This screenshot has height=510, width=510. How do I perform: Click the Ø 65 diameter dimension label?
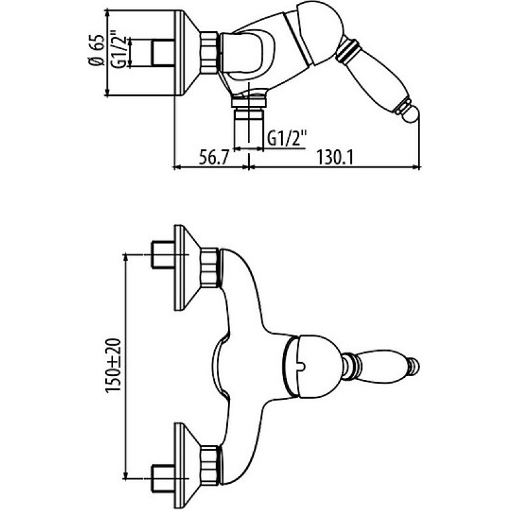coord(98,50)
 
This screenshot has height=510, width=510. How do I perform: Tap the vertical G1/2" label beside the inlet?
coord(117,50)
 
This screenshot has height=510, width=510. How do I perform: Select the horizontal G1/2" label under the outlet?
coord(287,138)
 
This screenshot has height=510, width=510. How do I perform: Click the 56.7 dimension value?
coord(214,157)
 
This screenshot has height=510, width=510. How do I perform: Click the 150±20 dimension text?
coord(114,365)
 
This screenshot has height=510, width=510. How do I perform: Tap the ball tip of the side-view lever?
coord(411,114)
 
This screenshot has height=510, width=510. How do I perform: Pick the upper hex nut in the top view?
coord(210,268)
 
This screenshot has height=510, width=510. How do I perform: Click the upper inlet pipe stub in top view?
coord(163,254)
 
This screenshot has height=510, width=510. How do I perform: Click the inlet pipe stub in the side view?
coord(163,52)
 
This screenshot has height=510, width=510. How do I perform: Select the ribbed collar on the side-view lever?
coord(348,50)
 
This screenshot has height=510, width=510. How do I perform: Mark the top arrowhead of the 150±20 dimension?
coord(125,258)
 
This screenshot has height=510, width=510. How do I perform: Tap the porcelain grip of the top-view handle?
coord(383,365)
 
